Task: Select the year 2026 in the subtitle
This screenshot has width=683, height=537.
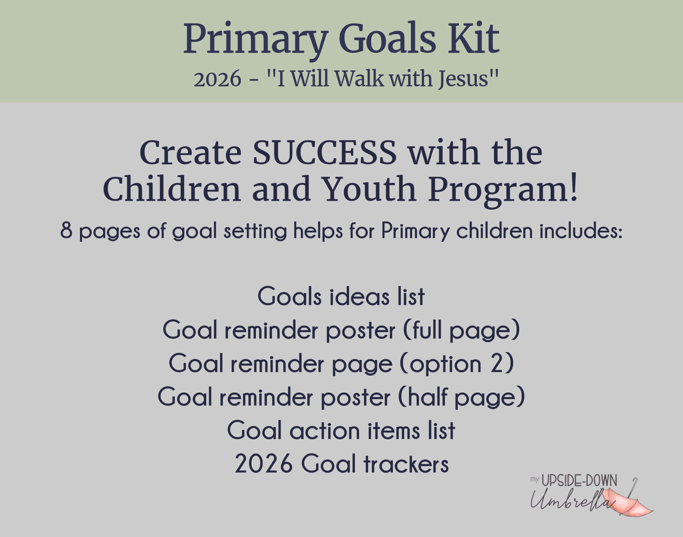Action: point(217,79)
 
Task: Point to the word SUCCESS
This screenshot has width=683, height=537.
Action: point(325,153)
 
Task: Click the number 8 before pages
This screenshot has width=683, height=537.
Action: point(66,231)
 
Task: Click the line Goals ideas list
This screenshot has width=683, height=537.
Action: point(341,296)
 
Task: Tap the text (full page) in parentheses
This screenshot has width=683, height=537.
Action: point(462,331)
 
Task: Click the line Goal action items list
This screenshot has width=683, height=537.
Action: point(341,431)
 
